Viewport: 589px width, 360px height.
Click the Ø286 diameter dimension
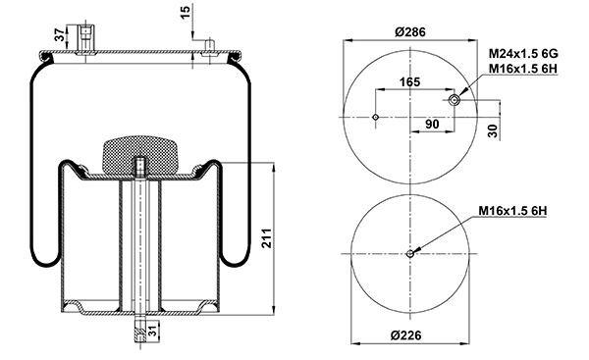[x=410, y=32]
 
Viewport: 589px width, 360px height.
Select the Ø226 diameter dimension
[x=405, y=334]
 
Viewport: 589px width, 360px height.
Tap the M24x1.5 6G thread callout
[x=523, y=54]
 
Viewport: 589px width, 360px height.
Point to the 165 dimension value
[x=409, y=81]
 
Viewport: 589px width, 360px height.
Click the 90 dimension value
[x=432, y=124]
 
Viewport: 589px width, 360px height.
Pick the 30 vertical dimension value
[x=493, y=130]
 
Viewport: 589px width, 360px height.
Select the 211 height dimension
[x=266, y=237]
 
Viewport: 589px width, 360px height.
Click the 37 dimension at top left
[x=60, y=35]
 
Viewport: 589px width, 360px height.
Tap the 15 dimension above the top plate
[x=186, y=13]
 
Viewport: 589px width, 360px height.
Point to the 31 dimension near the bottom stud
[x=152, y=332]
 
